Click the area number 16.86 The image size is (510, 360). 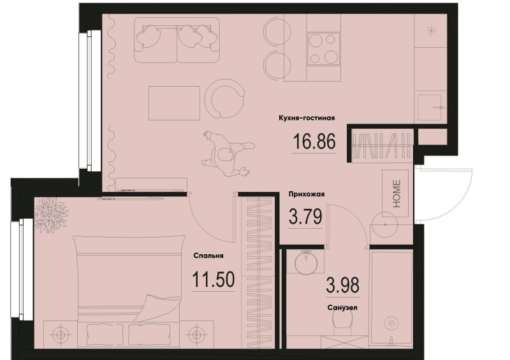click(314, 141)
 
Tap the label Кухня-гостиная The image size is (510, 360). click(307, 118)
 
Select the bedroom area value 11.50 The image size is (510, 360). click(214, 279)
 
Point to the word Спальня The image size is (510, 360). click(208, 256)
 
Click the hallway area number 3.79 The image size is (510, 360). click(305, 216)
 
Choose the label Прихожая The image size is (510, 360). click(307, 194)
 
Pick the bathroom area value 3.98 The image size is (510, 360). click(343, 285)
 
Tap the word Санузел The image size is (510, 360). click(342, 307)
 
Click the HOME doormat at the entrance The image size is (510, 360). click(395, 193)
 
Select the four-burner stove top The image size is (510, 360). click(323, 49)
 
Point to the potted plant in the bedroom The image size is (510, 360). click(51, 215)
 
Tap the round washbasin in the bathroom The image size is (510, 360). click(306, 263)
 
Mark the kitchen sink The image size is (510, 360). click(430, 107)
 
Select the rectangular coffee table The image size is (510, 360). click(174, 103)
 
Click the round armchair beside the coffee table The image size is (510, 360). click(224, 99)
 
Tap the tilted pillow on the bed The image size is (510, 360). click(157, 308)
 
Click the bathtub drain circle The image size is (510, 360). click(391, 322)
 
